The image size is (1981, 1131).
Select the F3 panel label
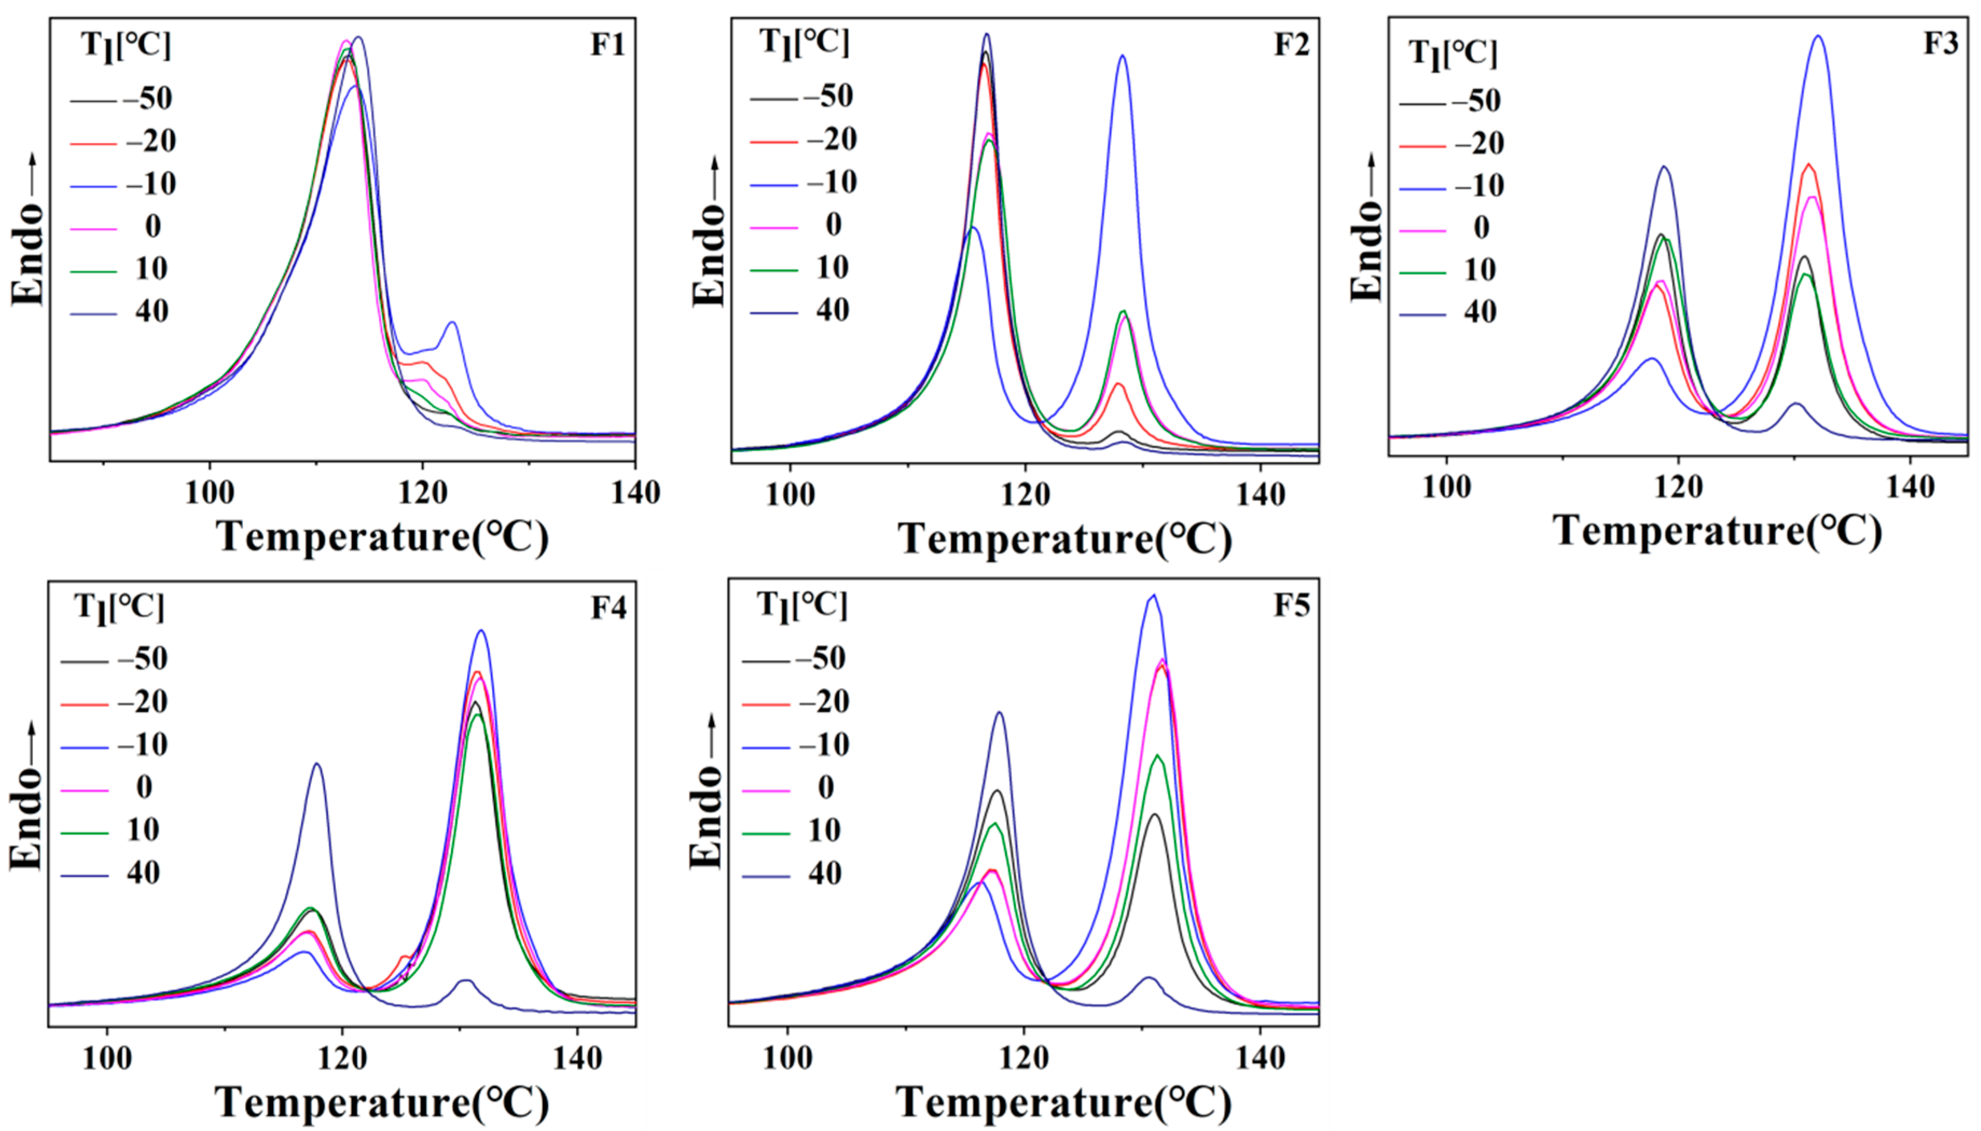click(1941, 43)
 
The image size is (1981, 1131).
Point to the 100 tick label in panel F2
click(790, 495)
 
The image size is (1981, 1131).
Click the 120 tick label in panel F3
click(1678, 487)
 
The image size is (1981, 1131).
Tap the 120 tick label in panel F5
click(1024, 1058)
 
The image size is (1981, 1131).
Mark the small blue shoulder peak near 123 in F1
click(452, 323)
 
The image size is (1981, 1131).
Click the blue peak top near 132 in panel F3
click(1818, 37)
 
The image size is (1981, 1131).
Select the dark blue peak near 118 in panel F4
click(316, 765)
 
